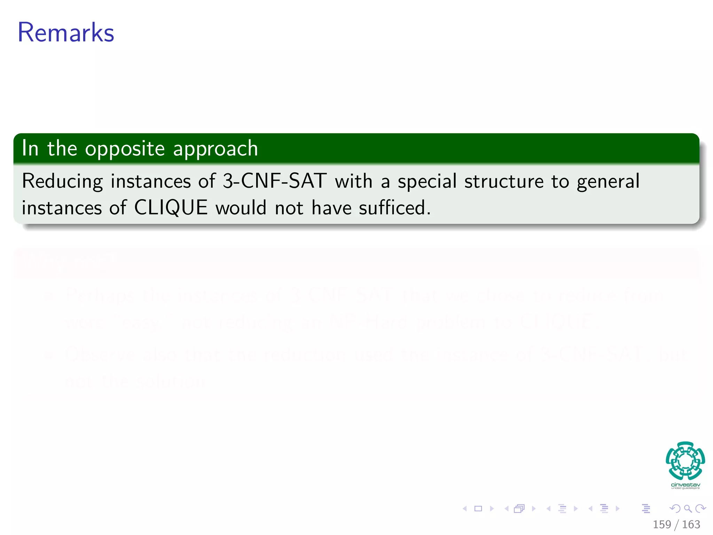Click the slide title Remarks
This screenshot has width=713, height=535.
coord(66,32)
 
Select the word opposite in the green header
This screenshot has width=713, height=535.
coord(125,149)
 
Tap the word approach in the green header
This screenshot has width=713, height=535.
coord(216,149)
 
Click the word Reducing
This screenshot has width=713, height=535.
coord(62,181)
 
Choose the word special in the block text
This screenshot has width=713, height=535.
coord(427,181)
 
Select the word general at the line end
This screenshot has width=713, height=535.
coord(608,181)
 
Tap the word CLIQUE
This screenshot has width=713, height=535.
coord(171,208)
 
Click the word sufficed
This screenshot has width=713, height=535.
coord(395,208)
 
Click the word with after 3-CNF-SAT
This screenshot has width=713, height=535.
coord(353,181)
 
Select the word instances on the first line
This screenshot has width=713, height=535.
coord(151,181)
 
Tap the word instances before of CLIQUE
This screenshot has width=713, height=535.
coord(62,208)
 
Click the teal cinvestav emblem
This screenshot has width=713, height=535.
coord(685,460)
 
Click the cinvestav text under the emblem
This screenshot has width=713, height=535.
coord(685,485)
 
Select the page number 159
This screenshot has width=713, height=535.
coord(661,525)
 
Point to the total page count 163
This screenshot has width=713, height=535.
coord(691,525)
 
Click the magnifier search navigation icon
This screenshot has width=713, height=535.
coord(688,509)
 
